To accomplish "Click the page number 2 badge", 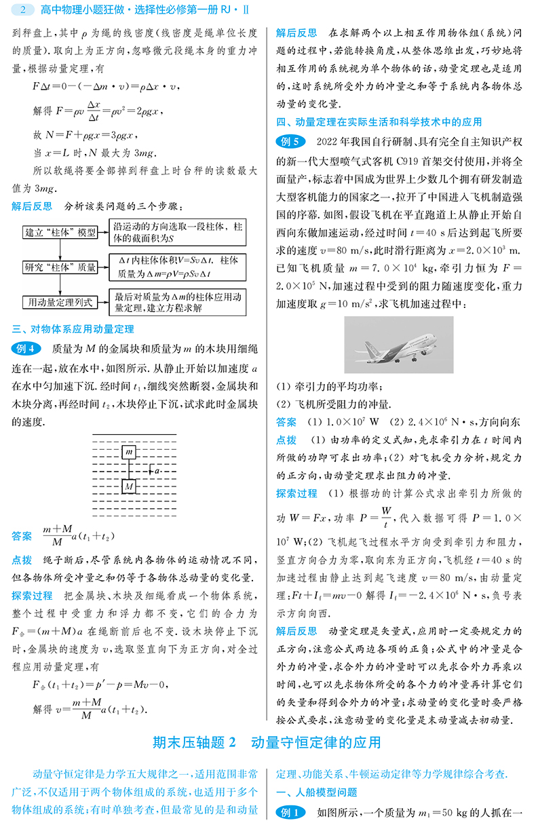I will pyautogui.click(x=23, y=10).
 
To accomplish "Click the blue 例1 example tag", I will pyautogui.click(x=290, y=812).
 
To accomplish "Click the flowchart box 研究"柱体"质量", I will pyautogui.click(x=60, y=267).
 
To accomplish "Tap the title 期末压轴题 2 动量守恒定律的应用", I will pyautogui.click(x=267, y=743).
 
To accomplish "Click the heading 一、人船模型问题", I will pyautogui.click(x=316, y=792).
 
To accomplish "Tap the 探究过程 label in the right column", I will pyautogui.click(x=296, y=493).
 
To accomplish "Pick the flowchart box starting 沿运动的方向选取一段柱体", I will pyautogui.click(x=178, y=231).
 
